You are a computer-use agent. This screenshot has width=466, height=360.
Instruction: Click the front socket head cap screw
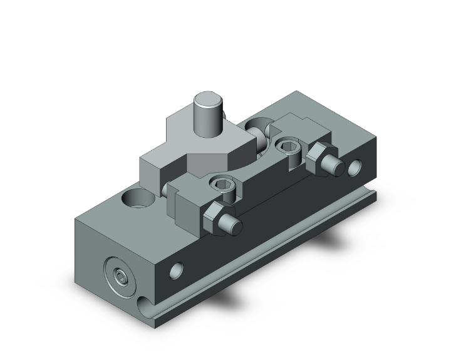(x=224, y=185)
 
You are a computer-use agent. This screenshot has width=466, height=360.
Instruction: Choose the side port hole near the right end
(x=356, y=167)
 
